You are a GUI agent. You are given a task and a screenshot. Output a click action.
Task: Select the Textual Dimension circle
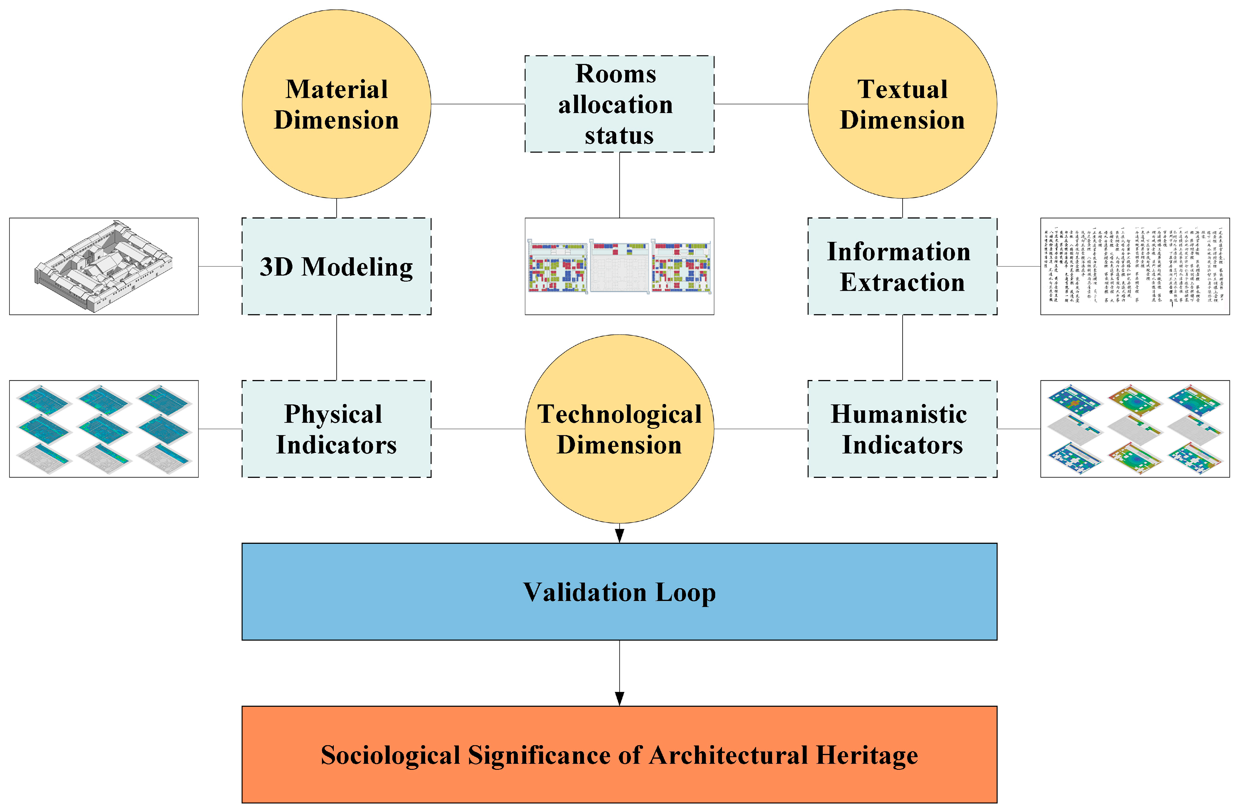click(902, 104)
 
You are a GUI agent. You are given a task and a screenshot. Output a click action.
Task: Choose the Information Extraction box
click(902, 266)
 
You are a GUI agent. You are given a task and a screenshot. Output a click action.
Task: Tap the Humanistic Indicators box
click(902, 429)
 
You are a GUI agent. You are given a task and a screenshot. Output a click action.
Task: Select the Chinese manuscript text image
click(1135, 266)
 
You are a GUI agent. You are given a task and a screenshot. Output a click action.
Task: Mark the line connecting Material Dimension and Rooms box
click(478, 104)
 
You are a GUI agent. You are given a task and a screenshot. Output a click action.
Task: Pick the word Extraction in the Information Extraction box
click(902, 282)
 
